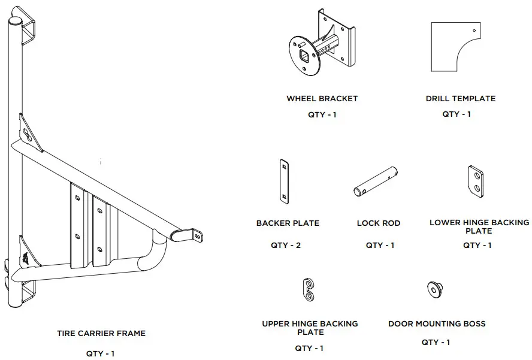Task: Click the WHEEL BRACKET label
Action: coord(322,98)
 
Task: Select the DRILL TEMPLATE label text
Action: coord(460,98)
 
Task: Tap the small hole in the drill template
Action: coord(473,30)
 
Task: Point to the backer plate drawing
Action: coord(284,180)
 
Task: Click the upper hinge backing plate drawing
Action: coord(309,289)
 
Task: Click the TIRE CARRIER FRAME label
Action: coord(101,333)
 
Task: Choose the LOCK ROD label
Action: coord(378,223)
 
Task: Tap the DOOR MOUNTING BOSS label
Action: coord(437,323)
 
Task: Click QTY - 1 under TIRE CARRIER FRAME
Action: coord(101,353)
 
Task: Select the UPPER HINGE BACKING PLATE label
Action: coord(310,328)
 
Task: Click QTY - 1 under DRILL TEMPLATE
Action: coord(457,114)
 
